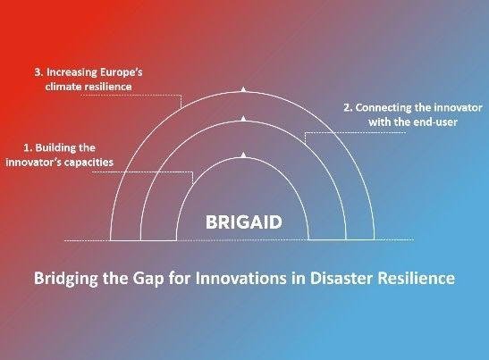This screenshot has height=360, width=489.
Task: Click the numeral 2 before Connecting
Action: (347, 108)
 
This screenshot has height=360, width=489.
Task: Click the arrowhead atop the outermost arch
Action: (243, 89)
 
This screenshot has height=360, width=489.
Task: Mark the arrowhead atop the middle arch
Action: (243, 117)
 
